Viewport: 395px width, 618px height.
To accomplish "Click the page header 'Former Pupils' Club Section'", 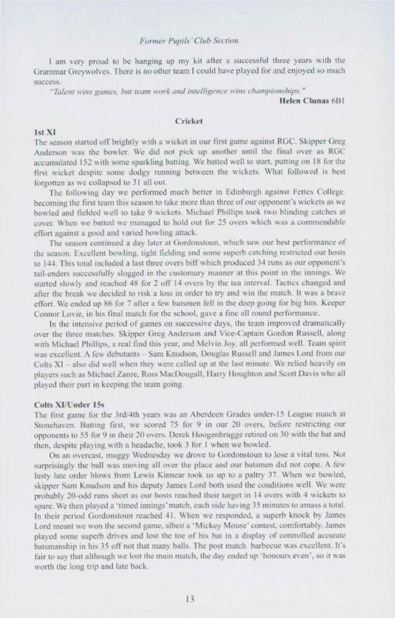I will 189,40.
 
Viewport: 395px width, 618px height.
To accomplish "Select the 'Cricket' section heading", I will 189,121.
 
